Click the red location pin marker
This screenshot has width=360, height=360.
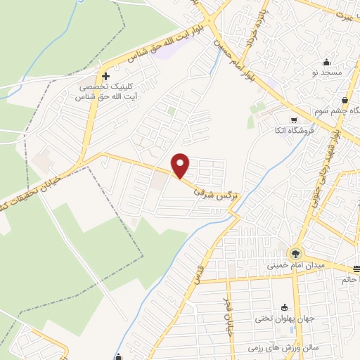pyautogui.click(x=181, y=166)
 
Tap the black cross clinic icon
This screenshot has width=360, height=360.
pyautogui.click(x=106, y=77)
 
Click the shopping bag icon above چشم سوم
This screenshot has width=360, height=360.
pyautogui.click(x=345, y=101)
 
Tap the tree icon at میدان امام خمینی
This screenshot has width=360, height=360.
pyautogui.click(x=294, y=254)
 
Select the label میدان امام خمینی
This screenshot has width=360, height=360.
pyautogui.click(x=295, y=266)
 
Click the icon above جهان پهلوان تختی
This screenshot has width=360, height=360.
pyautogui.click(x=284, y=307)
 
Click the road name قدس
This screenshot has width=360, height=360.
pyautogui.click(x=200, y=272)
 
